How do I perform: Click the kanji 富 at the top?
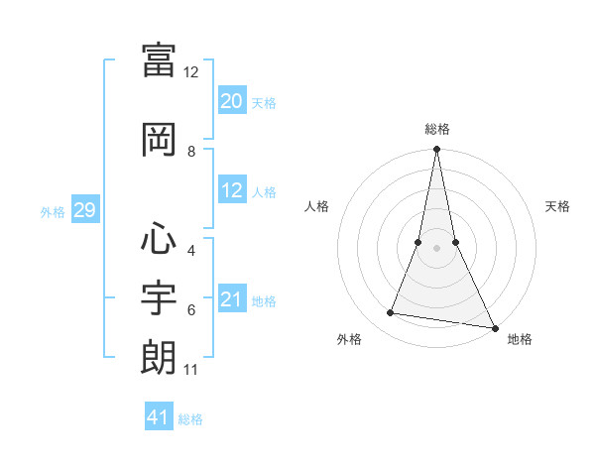tap(159, 59)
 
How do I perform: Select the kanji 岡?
tap(159, 139)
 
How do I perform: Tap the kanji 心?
tap(159, 239)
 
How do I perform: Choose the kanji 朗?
tap(159, 357)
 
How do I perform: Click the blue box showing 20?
tap(231, 100)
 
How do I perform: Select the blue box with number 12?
tap(231, 190)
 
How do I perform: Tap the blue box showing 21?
tap(231, 299)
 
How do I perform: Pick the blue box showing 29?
tap(84, 210)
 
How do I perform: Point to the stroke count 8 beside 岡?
tap(191, 152)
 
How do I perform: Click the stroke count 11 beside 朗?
tap(191, 370)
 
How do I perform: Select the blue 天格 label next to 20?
tap(264, 102)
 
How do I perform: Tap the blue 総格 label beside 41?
tap(190, 419)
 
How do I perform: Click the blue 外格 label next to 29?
tap(53, 212)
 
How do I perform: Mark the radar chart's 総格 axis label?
tap(436, 129)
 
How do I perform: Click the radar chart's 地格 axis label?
tap(520, 339)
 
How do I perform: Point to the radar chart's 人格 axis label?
tap(317, 206)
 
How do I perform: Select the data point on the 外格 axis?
tap(391, 313)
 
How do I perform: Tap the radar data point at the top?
tap(436, 150)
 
